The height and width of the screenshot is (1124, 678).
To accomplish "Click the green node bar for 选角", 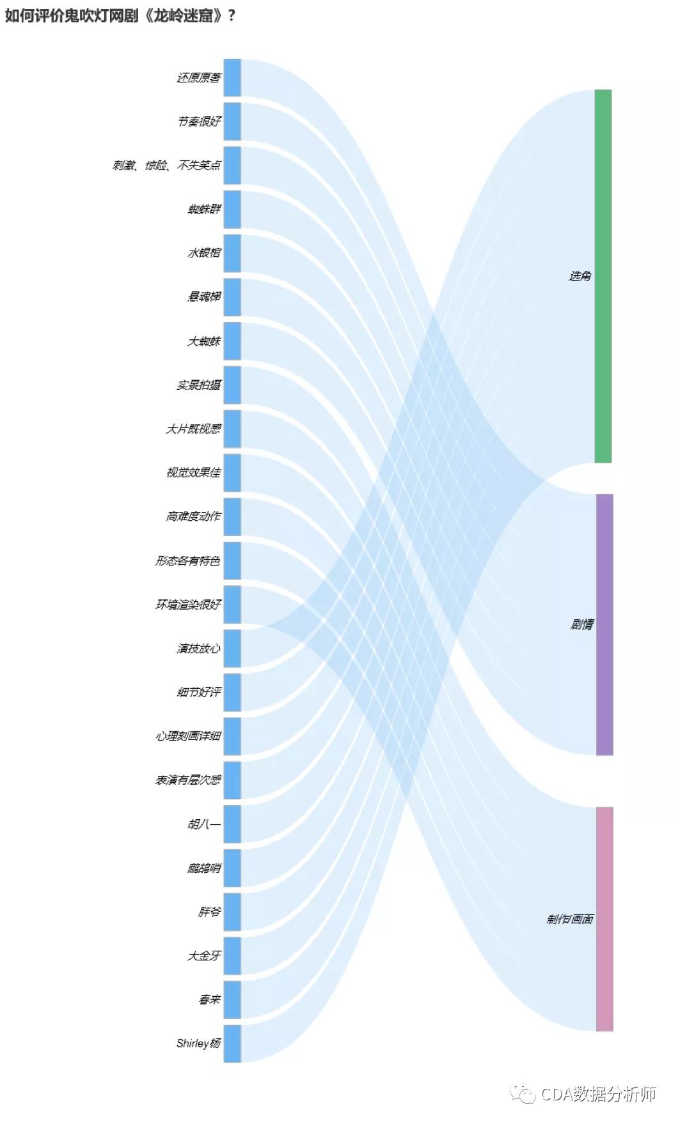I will [x=603, y=276].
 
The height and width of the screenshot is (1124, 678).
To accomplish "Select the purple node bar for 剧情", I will [x=604, y=624].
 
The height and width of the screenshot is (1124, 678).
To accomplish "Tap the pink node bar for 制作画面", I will [x=604, y=919].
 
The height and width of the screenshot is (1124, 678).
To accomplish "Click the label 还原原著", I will [x=199, y=78].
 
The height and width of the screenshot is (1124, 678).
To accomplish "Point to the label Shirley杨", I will [x=198, y=1043].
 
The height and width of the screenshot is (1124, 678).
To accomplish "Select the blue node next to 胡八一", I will [x=232, y=824].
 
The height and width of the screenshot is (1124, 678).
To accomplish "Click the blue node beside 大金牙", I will [x=232, y=956].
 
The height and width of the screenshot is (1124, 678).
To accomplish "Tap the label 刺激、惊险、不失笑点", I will [x=166, y=166].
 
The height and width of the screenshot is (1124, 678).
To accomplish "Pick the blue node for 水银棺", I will [x=232, y=253].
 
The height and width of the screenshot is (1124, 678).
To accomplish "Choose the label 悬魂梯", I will [x=204, y=297].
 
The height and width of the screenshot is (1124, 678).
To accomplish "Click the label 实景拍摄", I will [x=199, y=385].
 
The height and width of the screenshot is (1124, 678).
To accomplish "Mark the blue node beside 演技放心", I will [x=232, y=649].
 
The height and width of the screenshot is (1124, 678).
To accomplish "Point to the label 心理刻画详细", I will [x=188, y=736].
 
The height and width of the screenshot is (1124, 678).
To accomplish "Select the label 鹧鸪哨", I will [x=204, y=868].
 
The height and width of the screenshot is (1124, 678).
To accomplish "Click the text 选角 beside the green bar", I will [x=580, y=276].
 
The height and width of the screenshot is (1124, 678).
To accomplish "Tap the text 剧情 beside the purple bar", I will [x=581, y=624].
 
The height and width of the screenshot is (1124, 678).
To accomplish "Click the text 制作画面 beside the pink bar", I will [x=570, y=919].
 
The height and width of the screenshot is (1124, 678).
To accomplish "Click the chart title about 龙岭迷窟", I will [x=120, y=15].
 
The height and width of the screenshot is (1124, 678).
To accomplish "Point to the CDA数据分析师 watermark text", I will [x=598, y=1093].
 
